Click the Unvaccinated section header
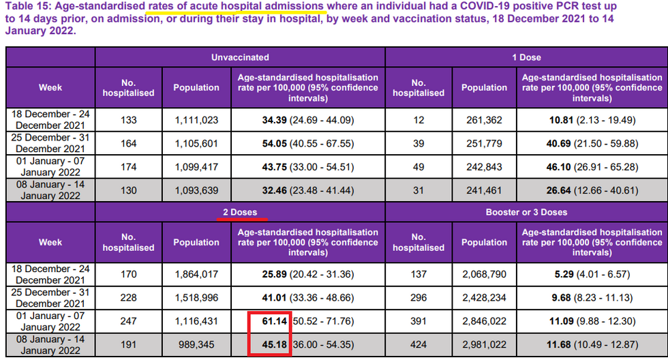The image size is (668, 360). point(240,57)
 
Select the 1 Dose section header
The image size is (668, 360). point(526,57)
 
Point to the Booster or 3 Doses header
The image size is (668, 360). point(526,212)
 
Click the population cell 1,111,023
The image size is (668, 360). point(196,120)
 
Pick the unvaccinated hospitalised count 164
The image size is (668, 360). point(128,143)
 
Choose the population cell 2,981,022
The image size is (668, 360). point(484,344)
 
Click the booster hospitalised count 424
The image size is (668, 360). point(419,344)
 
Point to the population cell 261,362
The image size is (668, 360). point(484,120)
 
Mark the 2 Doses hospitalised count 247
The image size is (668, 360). point(128,321)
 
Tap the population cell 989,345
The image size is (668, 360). point(196,344)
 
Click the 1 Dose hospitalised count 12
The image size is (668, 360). point(419,120)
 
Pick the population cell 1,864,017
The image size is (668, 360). point(196,275)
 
